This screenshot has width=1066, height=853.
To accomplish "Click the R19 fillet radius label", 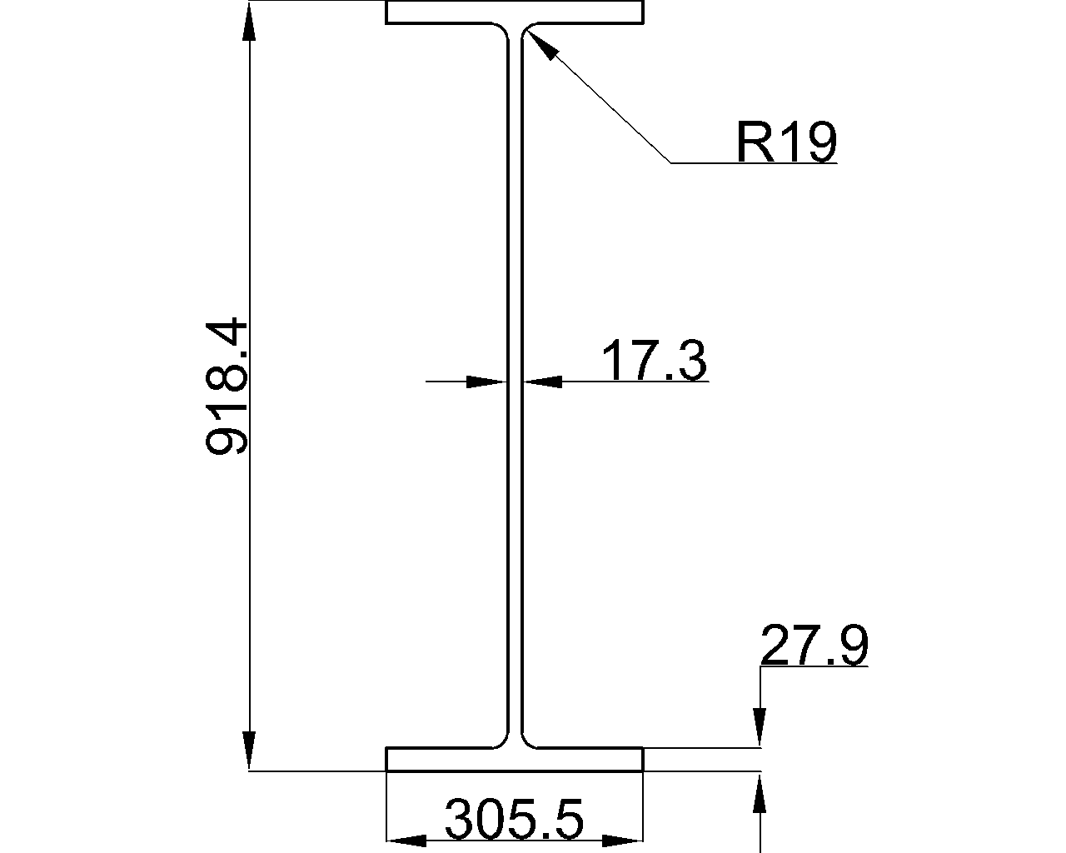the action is (787, 142).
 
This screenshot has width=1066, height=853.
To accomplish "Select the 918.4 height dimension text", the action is (226, 387).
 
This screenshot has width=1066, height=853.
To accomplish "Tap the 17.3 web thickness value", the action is (655, 361).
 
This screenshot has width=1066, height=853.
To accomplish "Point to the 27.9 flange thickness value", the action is (814, 645).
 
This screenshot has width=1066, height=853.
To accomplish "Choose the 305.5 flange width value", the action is (514, 818).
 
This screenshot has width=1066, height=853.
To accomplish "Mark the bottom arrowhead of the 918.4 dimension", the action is (249, 751).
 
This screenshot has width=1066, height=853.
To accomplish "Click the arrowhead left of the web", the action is (487, 382).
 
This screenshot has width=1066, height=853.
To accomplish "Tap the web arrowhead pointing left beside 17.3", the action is (542, 382).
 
